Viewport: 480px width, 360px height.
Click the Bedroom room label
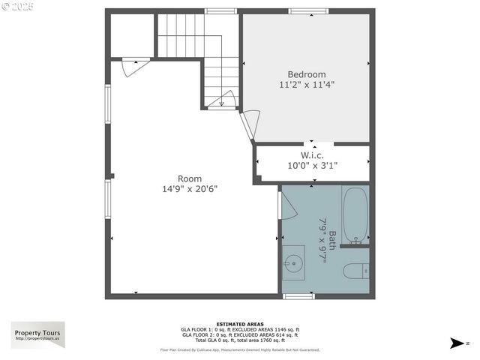(307, 73)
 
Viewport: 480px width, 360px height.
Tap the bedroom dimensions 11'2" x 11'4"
(307, 85)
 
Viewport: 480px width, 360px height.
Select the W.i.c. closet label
(313, 155)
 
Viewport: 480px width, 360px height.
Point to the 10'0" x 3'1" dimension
(313, 166)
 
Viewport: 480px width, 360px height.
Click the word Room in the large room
(189, 178)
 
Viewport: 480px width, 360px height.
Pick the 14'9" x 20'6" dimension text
(189, 189)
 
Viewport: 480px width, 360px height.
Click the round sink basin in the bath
(292, 263)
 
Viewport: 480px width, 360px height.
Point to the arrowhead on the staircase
(221, 103)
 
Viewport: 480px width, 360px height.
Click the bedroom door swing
(249, 124)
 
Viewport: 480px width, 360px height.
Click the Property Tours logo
(37, 334)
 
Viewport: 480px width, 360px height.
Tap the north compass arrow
(456, 343)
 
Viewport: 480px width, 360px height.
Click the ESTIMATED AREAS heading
(240, 324)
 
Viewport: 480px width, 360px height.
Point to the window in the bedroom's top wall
(308, 11)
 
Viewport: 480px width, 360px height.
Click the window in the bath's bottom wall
(298, 296)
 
